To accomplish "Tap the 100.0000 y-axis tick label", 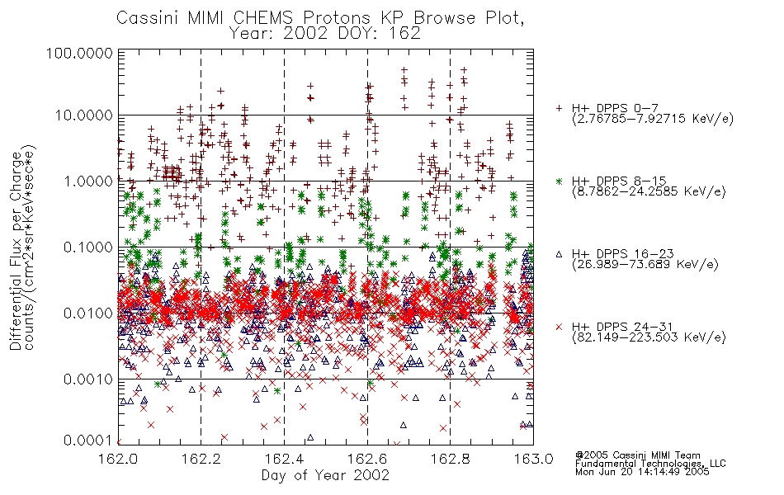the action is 79,53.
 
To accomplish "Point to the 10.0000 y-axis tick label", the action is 84,115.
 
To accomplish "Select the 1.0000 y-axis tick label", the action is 88,181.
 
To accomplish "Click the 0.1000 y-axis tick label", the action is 88,247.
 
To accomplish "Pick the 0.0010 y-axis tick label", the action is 88,379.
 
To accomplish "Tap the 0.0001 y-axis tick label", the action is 88,441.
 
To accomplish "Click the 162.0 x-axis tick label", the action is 118,459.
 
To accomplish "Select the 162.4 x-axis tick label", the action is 284,459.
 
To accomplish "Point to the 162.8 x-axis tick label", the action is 450,459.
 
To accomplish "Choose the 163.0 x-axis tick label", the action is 533,459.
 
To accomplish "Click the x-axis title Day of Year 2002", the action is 325,475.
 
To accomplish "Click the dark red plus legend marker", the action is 559,108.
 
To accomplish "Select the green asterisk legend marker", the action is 559,181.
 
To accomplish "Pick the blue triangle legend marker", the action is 559,254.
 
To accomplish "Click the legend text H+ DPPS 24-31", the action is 622,327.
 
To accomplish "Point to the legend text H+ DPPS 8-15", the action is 619,181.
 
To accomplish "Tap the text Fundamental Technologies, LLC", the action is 650,464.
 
